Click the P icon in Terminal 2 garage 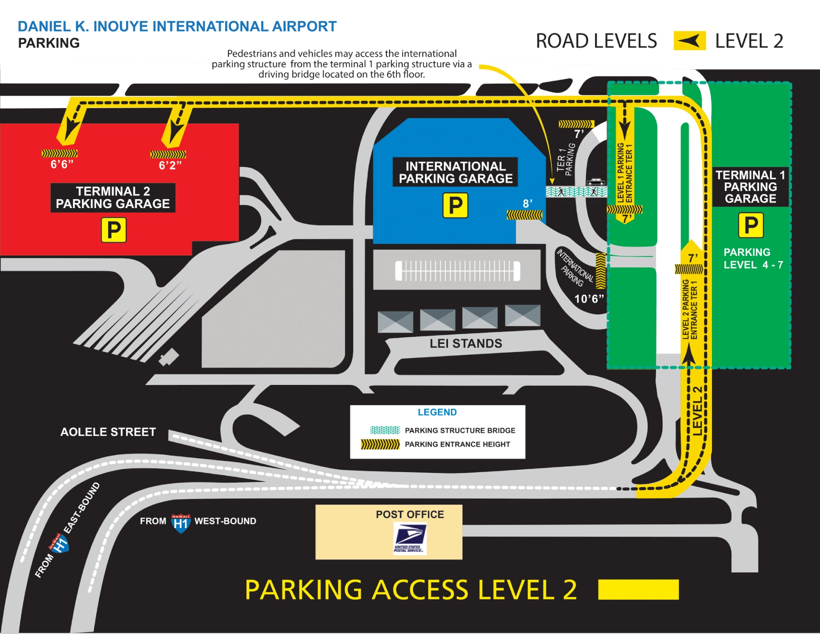pos(114,230)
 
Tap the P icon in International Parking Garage pos(455,205)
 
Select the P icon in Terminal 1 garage pos(751,225)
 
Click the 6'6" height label pos(62,164)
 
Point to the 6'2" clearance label pos(170,165)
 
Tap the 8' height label pos(527,204)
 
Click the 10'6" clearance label pos(589,299)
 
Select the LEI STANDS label pos(466,343)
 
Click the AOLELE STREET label pos(108,432)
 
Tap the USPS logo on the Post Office pos(410,539)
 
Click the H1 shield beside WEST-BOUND pos(181,523)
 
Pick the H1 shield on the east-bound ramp pos(59,543)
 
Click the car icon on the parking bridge pos(595,182)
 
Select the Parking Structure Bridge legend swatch pos(385,430)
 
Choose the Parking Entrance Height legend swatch pos(380,444)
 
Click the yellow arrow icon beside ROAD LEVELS pos(689,41)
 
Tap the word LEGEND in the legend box pos(437,412)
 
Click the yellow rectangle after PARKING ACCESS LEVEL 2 pos(638,590)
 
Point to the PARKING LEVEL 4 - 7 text pos(753,258)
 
